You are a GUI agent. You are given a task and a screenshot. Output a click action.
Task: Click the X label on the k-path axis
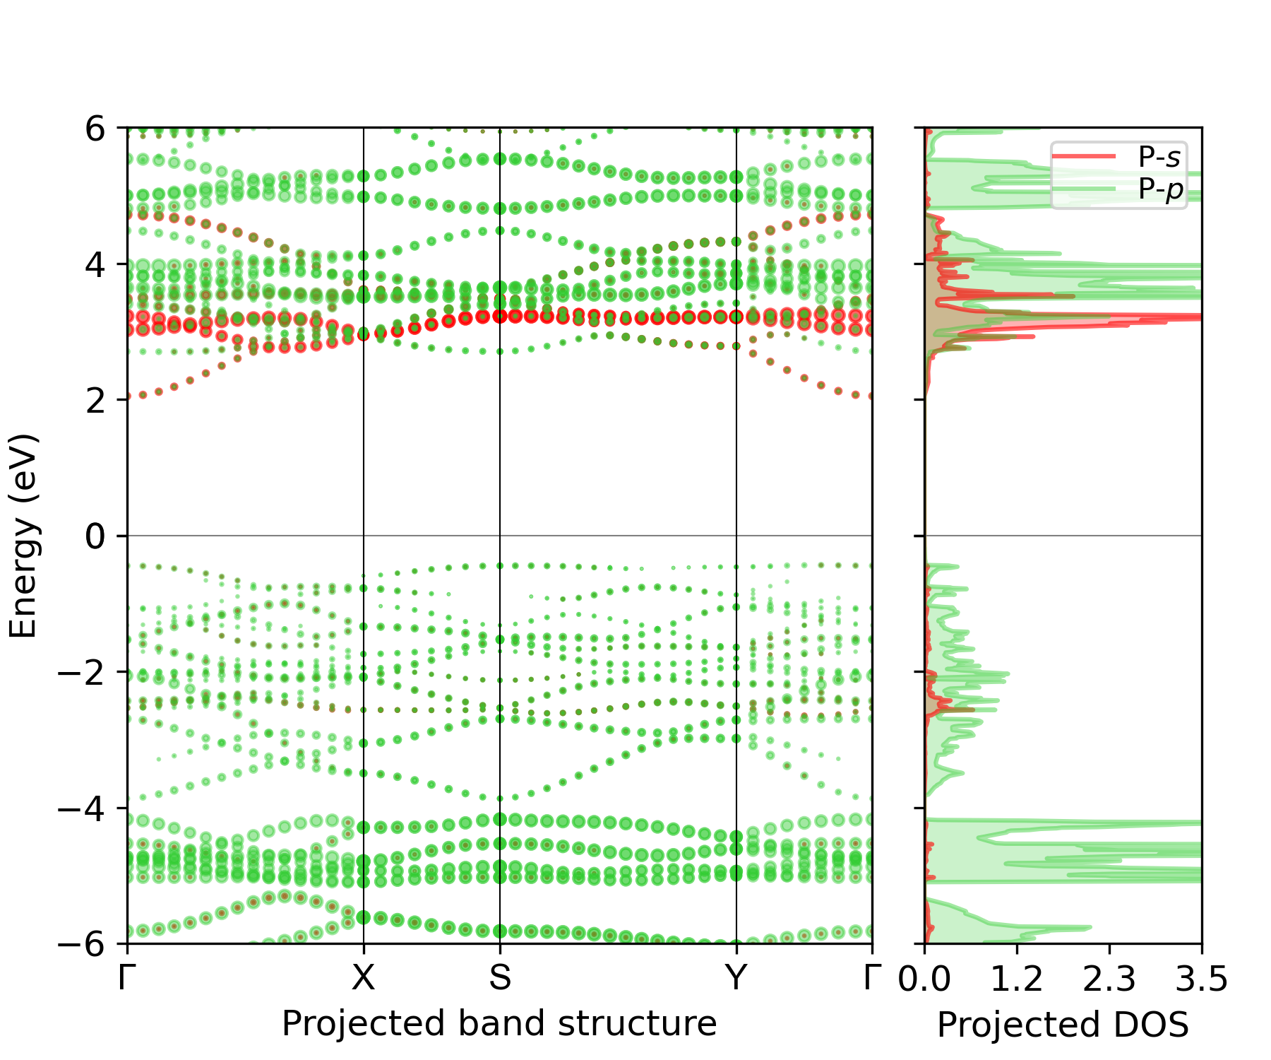click(x=364, y=978)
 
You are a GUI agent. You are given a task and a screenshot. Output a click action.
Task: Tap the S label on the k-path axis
click(x=500, y=978)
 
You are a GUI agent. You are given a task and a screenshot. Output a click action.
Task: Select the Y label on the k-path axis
click(x=736, y=978)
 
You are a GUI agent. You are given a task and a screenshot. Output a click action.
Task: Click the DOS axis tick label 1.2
click(x=1017, y=979)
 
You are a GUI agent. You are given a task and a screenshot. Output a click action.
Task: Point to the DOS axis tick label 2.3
click(x=1109, y=979)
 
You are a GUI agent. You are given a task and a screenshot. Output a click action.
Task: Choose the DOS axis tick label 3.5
click(x=1202, y=979)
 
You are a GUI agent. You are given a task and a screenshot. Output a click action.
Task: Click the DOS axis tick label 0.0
click(x=925, y=979)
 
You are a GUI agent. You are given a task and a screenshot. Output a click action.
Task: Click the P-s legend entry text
click(x=1159, y=157)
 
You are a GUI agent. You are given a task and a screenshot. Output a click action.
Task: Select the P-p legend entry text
click(x=1161, y=190)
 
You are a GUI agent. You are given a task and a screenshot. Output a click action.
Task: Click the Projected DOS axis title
click(x=1063, y=1025)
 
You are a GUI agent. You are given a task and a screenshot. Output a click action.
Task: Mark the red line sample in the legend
click(x=1084, y=155)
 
